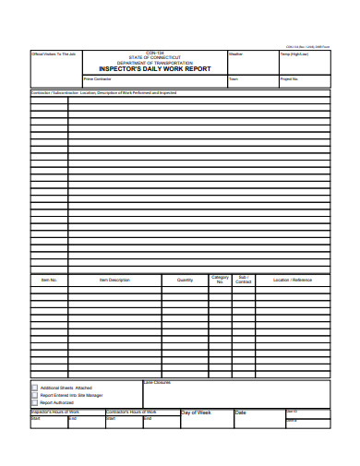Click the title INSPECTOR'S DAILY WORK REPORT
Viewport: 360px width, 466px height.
click(x=154, y=69)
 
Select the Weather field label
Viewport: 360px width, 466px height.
click(x=235, y=55)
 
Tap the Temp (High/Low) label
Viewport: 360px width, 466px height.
click(x=294, y=55)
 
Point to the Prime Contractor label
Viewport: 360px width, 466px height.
click(x=97, y=80)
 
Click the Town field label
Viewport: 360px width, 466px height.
click(x=234, y=80)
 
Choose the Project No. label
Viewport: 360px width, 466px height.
click(x=289, y=80)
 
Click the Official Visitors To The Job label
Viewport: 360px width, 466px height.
click(x=53, y=55)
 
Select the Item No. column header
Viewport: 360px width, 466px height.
click(x=49, y=280)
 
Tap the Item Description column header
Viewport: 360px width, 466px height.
click(x=114, y=280)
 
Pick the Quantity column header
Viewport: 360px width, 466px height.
click(x=185, y=280)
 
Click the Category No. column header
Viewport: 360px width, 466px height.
click(x=220, y=280)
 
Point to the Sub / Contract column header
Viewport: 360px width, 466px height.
click(x=244, y=280)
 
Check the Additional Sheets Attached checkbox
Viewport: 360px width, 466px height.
click(x=35, y=388)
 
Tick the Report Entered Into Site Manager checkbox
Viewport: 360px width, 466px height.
click(x=35, y=396)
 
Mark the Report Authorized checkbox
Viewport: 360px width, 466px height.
click(x=35, y=403)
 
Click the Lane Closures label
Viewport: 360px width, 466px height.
click(x=157, y=382)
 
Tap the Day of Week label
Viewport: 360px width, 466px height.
click(x=196, y=412)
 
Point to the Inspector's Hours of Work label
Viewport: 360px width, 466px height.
click(x=55, y=412)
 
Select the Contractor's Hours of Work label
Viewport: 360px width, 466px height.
click(x=131, y=412)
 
